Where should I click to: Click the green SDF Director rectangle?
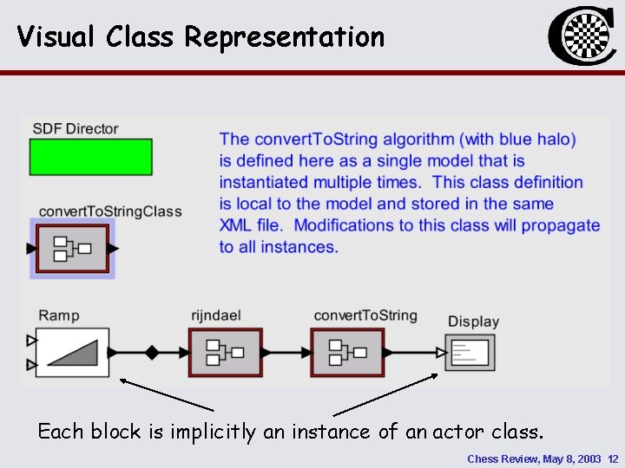91,158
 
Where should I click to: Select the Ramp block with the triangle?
73,353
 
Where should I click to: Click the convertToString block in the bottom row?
346,352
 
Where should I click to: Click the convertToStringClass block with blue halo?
73,249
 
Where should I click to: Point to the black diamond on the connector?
152,353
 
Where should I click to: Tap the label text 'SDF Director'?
76,129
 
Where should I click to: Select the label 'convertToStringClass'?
110,211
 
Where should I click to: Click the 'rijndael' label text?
215,315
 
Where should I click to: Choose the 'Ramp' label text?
59,315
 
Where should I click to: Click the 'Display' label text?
473,322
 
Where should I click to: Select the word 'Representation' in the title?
284,36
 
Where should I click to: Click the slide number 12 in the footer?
613,458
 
